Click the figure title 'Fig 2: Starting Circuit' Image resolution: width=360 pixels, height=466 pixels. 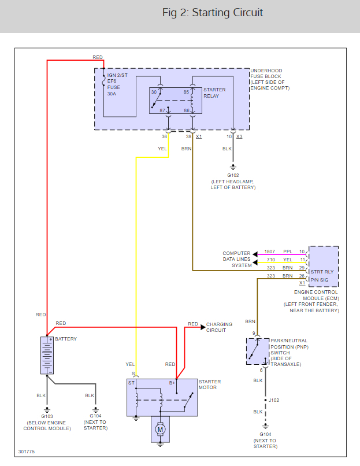click(x=213, y=12)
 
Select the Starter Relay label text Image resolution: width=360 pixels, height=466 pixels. click(x=214, y=93)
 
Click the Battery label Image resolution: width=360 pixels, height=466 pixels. click(x=65, y=339)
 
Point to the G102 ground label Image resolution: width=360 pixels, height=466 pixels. click(x=233, y=175)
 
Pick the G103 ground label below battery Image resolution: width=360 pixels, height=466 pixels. click(x=47, y=416)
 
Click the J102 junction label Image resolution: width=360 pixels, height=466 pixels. click(x=274, y=400)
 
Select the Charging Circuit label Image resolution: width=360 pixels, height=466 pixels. click(x=219, y=327)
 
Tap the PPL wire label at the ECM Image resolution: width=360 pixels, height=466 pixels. click(x=288, y=252)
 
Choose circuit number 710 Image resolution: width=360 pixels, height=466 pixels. click(x=270, y=260)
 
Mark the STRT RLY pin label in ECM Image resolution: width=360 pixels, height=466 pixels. click(x=322, y=269)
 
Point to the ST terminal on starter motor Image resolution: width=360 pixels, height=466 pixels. click(x=131, y=382)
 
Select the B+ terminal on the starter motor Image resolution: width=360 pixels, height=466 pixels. click(x=172, y=382)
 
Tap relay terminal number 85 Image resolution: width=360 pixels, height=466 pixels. click(x=186, y=92)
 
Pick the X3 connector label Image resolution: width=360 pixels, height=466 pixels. click(x=239, y=136)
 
